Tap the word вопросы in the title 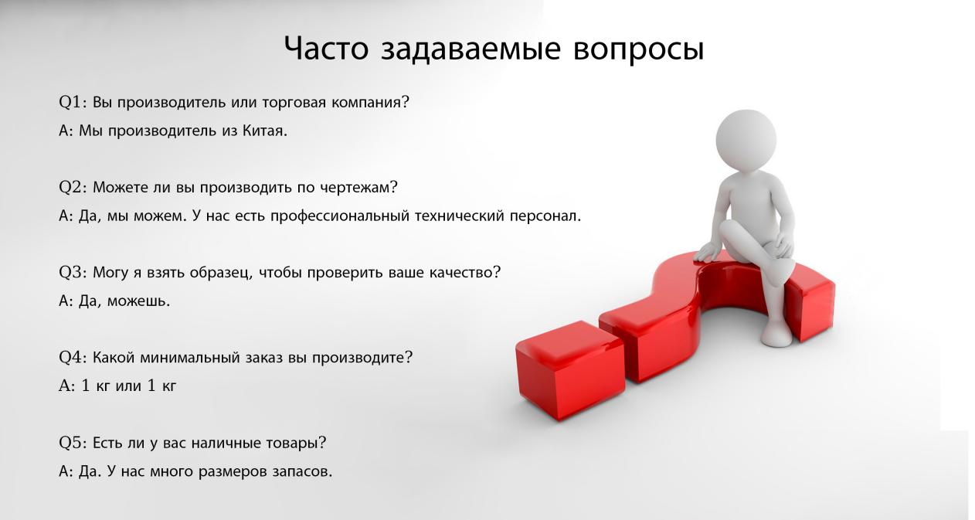638,49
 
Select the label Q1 70,103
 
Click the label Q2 70,188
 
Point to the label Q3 70,273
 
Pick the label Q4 70,358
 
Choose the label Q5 70,443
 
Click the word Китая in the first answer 265,131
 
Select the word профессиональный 339,216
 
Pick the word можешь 138,301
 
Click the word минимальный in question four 190,358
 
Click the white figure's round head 746,139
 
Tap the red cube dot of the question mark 570,370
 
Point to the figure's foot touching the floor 777,335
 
